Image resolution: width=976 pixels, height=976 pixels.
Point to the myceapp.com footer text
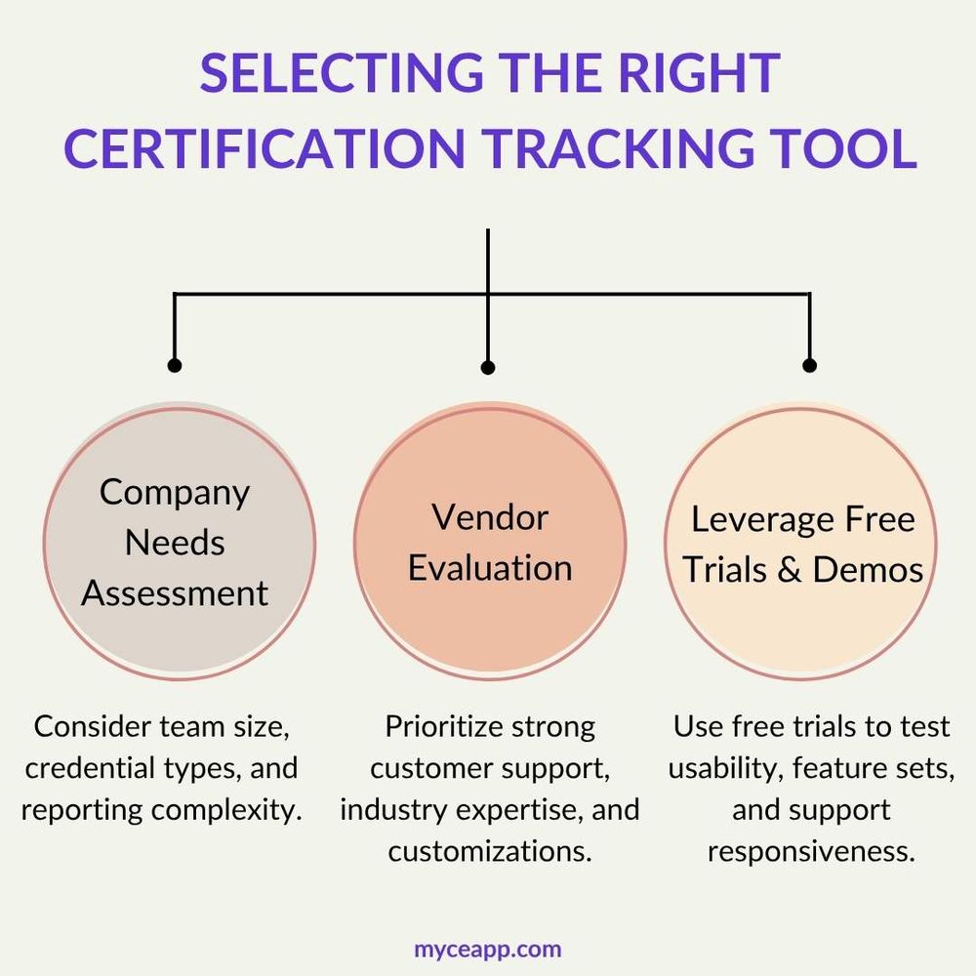click(488, 949)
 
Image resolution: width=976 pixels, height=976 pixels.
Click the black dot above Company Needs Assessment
click(175, 365)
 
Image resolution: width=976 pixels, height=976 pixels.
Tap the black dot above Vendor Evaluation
click(488, 367)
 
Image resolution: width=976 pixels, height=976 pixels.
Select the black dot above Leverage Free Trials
click(809, 365)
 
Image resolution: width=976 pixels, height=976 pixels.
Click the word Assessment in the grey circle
click(175, 592)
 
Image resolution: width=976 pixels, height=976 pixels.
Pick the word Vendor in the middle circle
click(490, 517)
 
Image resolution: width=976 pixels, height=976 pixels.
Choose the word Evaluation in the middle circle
click(490, 568)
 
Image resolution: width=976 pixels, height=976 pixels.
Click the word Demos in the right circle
click(868, 570)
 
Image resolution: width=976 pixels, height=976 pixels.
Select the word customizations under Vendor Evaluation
click(490, 850)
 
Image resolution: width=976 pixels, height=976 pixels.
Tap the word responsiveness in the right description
click(811, 850)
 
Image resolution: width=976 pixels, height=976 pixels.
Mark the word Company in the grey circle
click(175, 492)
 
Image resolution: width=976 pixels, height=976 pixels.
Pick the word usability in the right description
click(723, 768)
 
